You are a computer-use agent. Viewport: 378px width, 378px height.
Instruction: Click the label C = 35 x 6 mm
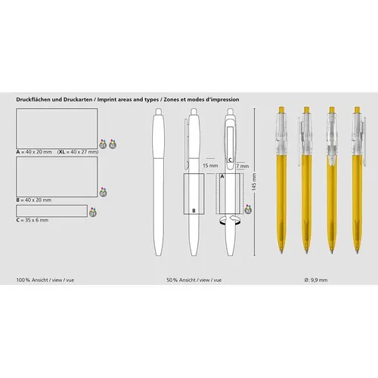[x=33, y=220]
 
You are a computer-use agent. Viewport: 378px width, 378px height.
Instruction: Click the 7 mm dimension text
[x=241, y=165]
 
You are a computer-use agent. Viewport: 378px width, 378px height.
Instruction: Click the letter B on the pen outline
[x=194, y=209]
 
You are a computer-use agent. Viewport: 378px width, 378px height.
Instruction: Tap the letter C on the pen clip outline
[x=229, y=160]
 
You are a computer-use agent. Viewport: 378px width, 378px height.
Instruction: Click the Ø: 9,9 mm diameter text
[x=315, y=280]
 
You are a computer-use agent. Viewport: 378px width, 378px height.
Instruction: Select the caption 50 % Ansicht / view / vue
[x=194, y=280]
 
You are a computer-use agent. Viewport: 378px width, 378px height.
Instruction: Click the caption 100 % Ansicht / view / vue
[x=44, y=280]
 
